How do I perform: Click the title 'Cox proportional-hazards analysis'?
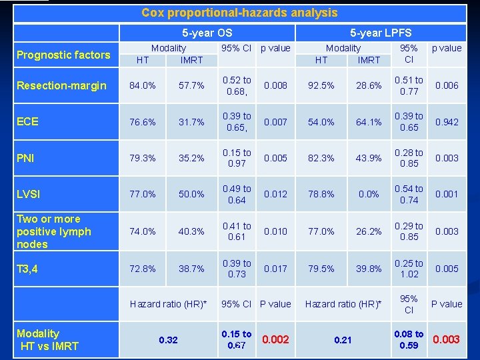(239, 13)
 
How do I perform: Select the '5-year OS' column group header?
(207, 32)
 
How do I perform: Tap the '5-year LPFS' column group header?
(381, 32)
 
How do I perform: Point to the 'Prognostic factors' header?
(63, 55)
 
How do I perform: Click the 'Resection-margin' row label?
(61, 85)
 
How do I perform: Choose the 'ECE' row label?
(28, 121)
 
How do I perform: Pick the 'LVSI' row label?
(29, 194)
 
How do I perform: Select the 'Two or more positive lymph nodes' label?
(54, 231)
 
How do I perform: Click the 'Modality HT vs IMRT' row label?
(47, 339)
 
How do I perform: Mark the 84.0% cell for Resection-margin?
(142, 85)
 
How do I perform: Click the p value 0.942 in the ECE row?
(447, 122)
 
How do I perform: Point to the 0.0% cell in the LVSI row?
(369, 194)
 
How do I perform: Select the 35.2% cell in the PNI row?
(191, 158)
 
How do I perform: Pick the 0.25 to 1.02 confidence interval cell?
(409, 268)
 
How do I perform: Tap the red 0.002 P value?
(275, 339)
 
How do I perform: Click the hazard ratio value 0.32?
(168, 340)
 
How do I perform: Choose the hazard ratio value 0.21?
(343, 340)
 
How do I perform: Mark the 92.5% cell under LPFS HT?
(321, 85)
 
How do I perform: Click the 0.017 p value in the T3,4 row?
(275, 268)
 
